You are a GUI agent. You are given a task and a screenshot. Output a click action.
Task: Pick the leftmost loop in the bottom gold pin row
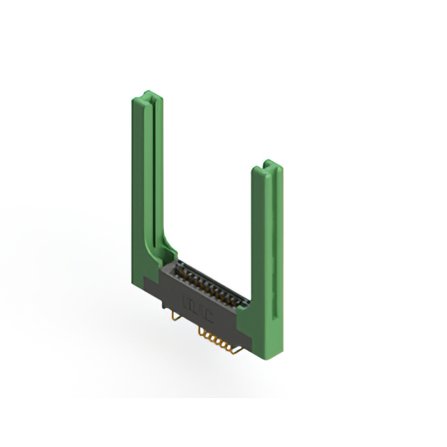click(203, 335)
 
